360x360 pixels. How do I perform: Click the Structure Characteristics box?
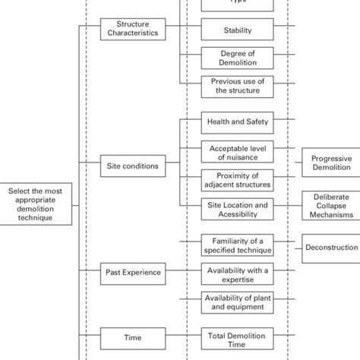tap(132, 30)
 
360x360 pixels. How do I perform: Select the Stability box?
tap(237, 31)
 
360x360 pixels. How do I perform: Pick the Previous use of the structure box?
tap(237, 86)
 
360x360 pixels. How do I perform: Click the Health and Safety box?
tap(237, 122)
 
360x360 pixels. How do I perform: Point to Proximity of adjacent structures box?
tap(237, 180)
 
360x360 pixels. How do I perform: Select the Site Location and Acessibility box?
tap(237, 209)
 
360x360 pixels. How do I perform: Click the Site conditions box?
tap(132, 165)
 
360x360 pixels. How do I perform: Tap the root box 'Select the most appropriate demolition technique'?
tap(38, 204)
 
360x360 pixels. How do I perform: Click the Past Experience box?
tap(132, 271)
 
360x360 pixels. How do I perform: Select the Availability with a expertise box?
tap(237, 273)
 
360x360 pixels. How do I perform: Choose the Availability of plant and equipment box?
tap(237, 302)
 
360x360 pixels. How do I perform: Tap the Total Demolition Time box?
tap(237, 339)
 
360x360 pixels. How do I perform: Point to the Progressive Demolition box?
tap(332, 164)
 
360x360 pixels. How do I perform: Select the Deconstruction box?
tap(332, 248)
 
